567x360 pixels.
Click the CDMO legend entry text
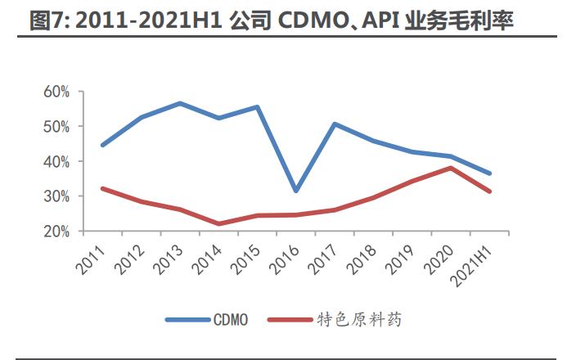click(231, 320)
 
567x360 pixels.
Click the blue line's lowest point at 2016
click(295, 191)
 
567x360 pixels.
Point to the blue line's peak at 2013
click(179, 104)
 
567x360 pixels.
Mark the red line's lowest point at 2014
click(218, 223)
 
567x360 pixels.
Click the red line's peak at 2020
click(451, 168)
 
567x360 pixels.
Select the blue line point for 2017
click(335, 124)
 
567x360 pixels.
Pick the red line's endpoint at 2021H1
click(489, 191)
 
